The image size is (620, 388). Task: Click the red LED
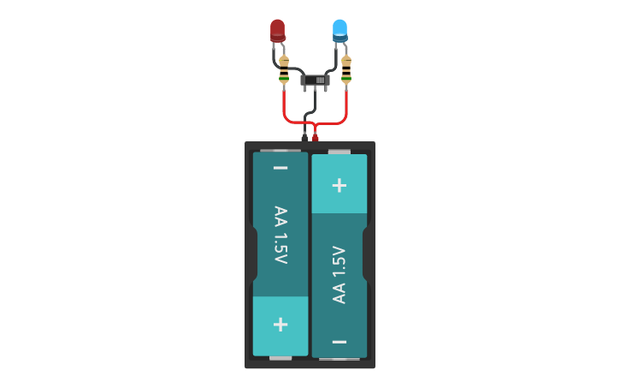[277, 31]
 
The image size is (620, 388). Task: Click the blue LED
[340, 30]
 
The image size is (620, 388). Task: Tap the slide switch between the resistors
[315, 80]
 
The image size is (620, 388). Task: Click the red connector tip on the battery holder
[316, 137]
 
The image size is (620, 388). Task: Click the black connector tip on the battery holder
[304, 137]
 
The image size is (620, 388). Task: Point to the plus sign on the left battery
[280, 325]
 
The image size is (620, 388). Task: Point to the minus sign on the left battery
[280, 168]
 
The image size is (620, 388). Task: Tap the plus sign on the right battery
[340, 184]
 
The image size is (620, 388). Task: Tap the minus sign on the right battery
[340, 342]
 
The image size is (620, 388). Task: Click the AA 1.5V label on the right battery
[340, 274]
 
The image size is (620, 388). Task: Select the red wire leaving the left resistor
[284, 107]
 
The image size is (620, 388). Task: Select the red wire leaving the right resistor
[346, 107]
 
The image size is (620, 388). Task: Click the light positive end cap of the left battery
[280, 326]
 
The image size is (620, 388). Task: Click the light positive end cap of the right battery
[340, 183]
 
